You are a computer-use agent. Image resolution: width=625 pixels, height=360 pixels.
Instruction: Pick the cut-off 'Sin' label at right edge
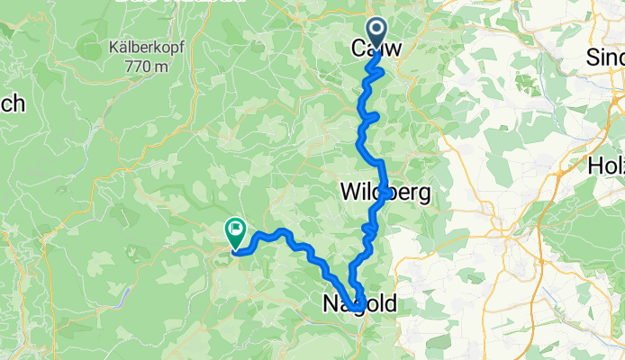[x=605, y=56]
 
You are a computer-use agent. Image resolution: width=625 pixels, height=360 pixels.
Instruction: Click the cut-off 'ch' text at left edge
[x=12, y=103]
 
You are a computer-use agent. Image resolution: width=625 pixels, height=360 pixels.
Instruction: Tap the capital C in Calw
[x=357, y=48]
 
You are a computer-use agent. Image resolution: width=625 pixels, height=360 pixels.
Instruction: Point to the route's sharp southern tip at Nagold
[x=358, y=310]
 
